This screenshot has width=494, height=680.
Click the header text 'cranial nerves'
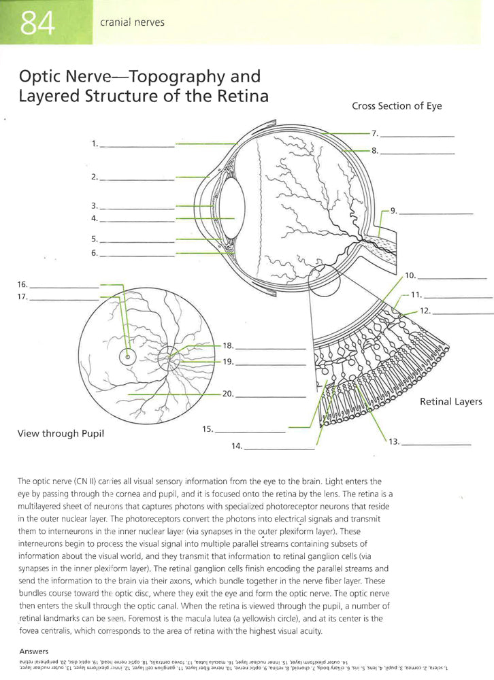(132, 22)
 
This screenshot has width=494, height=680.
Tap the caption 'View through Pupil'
(61, 432)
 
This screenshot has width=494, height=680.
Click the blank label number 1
(95, 143)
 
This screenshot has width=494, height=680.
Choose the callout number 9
(393, 211)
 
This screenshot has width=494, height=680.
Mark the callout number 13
(393, 442)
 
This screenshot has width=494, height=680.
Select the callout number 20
(228, 394)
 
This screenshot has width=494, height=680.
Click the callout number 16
(22, 284)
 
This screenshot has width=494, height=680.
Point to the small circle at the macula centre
(127, 356)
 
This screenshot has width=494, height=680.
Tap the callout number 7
(374, 133)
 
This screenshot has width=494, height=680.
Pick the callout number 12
(425, 310)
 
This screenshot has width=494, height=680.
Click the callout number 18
(228, 345)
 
